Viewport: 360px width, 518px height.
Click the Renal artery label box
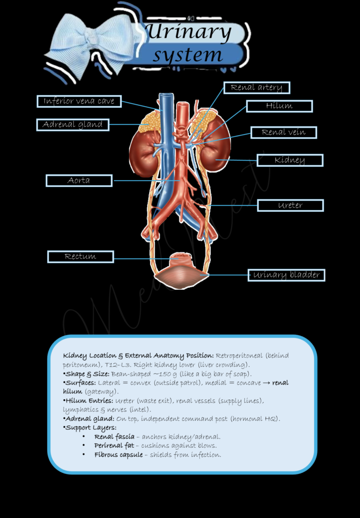257,88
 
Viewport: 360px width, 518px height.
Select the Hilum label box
280,106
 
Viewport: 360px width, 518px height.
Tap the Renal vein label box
284,133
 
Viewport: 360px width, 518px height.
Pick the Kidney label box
290,160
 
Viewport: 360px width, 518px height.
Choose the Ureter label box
290,205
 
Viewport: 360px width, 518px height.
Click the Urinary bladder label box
286,275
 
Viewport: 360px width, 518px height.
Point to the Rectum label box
80,256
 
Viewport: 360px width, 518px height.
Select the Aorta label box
79,181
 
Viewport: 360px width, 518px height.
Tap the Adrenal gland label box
73,125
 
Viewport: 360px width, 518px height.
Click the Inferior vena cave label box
79,101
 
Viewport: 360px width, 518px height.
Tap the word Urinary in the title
189,32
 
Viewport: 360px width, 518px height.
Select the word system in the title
187,55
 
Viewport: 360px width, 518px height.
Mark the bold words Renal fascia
114,437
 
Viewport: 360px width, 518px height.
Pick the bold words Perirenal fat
114,446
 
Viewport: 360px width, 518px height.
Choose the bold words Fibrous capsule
119,455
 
